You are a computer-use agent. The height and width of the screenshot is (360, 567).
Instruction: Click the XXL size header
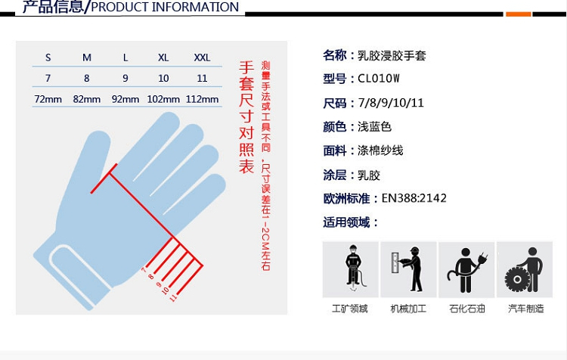(202, 57)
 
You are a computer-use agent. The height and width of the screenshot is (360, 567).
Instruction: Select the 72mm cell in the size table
(48, 99)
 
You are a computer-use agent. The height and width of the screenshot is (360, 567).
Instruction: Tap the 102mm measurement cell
(163, 99)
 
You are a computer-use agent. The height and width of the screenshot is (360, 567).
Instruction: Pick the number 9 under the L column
(125, 78)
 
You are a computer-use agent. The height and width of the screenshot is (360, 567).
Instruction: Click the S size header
(48, 57)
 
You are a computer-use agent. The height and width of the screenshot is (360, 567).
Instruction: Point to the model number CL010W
(379, 79)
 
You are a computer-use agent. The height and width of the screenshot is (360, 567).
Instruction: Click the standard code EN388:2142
(414, 198)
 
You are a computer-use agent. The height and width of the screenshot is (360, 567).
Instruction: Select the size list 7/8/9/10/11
(391, 103)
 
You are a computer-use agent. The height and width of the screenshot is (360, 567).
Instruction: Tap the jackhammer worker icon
(350, 269)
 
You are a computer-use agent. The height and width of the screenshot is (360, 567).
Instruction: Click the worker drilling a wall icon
(408, 269)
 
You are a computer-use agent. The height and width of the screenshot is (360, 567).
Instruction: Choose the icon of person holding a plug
(466, 269)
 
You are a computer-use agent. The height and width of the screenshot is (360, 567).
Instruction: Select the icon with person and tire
(525, 269)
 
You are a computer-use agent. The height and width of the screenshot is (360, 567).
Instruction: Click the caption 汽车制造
(525, 309)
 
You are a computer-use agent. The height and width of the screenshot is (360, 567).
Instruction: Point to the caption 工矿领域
(350, 309)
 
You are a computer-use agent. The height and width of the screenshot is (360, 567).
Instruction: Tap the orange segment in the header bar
(518, 14)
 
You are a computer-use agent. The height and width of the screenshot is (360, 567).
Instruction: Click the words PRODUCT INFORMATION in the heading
(165, 7)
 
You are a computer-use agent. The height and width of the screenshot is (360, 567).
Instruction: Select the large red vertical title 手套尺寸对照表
(246, 117)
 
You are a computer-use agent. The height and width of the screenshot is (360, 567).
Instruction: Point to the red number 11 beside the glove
(173, 298)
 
